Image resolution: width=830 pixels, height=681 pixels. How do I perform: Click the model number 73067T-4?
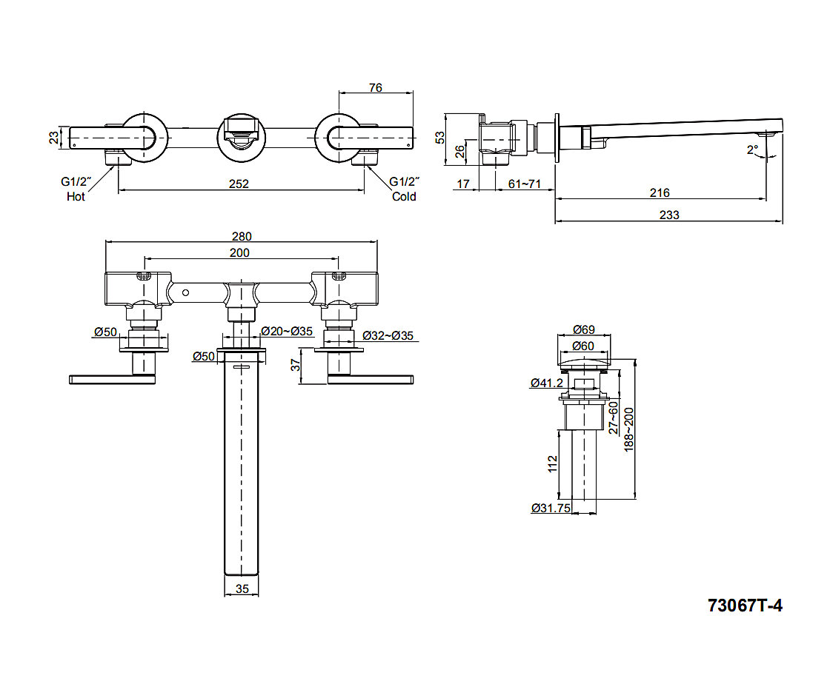745,605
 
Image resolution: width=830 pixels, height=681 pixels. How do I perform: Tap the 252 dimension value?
239,183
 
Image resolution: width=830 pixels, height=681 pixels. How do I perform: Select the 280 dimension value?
242,236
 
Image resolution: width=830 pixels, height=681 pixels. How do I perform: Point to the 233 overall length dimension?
669,215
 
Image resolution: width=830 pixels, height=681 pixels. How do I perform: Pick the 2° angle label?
753,150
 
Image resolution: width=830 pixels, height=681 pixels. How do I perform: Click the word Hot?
76,197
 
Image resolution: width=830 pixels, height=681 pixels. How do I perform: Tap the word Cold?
404,197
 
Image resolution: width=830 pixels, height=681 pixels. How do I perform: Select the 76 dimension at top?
375,87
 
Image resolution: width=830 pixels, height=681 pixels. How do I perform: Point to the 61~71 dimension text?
524,184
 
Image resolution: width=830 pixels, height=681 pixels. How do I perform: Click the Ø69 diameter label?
585,330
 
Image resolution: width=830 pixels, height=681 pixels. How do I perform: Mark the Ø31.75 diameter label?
551,508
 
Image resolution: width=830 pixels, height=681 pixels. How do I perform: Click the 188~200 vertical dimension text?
629,429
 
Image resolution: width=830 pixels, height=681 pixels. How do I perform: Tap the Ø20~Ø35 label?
287,331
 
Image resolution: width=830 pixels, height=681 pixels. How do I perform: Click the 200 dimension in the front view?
239,252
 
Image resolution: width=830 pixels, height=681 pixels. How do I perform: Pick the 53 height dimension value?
439,137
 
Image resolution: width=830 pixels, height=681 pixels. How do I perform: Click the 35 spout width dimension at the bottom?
241,590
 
